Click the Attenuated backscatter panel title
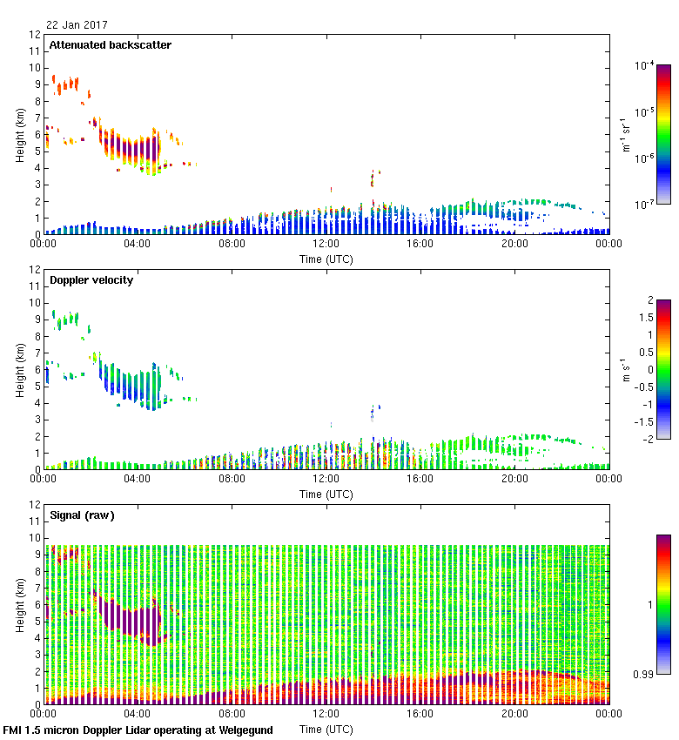[x=110, y=45]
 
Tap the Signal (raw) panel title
[x=82, y=515]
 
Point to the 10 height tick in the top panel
[x=35, y=68]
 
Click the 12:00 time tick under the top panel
[x=326, y=244]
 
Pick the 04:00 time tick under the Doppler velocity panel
[x=138, y=478]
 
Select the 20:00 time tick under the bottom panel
[x=514, y=713]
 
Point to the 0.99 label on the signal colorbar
[x=645, y=674]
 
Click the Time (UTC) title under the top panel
[x=326, y=259]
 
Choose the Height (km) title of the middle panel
[x=20, y=370]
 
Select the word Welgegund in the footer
[x=244, y=730]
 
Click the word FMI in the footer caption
[x=13, y=730]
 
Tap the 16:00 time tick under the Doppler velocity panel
[x=420, y=478]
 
